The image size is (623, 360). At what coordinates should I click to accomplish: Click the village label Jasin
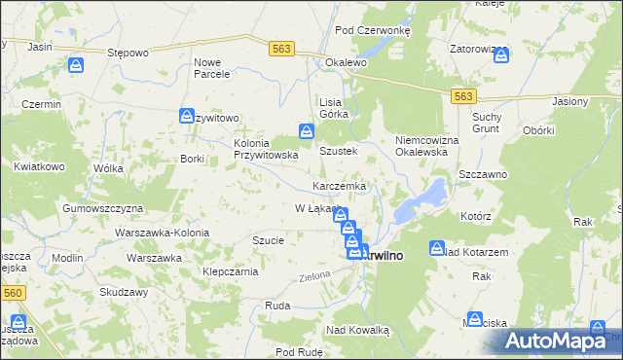40,47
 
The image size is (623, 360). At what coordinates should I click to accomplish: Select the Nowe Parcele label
212,68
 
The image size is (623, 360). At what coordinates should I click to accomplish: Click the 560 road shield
13,290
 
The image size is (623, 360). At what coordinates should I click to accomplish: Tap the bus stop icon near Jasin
75,66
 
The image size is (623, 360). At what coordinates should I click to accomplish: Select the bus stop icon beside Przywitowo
186,117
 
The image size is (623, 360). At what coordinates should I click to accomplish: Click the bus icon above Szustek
307,131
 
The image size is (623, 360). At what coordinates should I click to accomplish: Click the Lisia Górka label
334,108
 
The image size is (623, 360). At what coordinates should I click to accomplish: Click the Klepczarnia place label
229,272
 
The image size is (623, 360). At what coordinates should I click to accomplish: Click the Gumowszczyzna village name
102,208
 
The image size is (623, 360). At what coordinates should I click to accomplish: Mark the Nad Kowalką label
358,331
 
